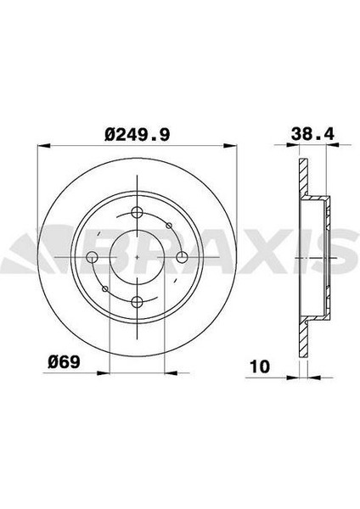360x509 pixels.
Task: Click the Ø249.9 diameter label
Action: [137, 134]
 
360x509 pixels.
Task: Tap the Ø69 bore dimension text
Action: [64, 361]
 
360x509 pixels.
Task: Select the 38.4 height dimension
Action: [312, 133]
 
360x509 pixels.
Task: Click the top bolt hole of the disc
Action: [137, 213]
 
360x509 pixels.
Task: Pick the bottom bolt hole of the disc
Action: [137, 302]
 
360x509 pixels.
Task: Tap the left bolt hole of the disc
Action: [93, 257]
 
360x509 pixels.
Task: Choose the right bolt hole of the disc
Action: [182, 257]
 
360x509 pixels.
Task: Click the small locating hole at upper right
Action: [169, 226]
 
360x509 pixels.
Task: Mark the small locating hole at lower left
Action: [105, 288]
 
